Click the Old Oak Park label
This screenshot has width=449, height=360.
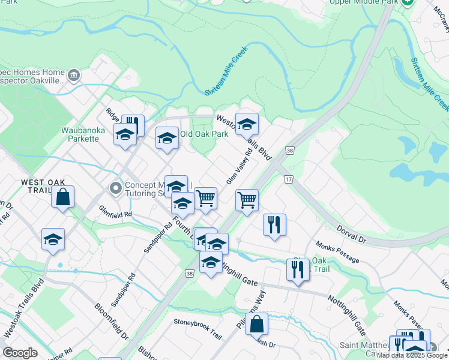204,133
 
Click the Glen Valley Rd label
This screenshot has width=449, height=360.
238,167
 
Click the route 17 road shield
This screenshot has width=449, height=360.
289,179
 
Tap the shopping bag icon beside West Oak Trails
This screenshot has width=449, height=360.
63,196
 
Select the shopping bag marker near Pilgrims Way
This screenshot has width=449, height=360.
256,323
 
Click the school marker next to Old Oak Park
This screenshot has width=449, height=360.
167,139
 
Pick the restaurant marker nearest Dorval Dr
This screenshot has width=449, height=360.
274,225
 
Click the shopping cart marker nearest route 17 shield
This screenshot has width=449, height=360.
247,200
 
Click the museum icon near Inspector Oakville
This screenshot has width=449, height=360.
74,76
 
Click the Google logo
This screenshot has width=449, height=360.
20,353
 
